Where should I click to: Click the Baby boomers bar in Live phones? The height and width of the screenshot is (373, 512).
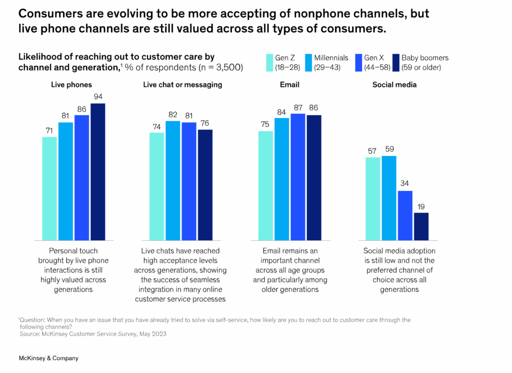(97, 172)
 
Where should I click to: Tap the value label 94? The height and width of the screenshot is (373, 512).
(97, 96)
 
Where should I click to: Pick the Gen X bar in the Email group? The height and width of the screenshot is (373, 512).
(298, 177)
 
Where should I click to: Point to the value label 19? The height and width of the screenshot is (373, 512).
(421, 206)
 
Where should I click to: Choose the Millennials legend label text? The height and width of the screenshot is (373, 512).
(330, 58)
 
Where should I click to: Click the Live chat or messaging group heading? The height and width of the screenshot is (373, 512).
(182, 85)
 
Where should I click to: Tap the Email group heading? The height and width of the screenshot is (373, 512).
(289, 85)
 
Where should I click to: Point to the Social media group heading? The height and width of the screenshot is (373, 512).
(394, 85)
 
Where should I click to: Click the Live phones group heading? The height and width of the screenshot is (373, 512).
(71, 85)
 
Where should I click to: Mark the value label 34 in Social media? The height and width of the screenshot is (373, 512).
(405, 184)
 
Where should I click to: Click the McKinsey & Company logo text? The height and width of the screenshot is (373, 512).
(48, 358)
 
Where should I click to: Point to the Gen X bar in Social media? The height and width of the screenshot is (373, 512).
(405, 216)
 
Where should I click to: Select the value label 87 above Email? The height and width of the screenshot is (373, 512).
(298, 107)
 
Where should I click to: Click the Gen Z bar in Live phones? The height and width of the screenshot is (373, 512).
(49, 189)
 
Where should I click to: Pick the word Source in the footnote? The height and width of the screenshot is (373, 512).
(30, 334)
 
